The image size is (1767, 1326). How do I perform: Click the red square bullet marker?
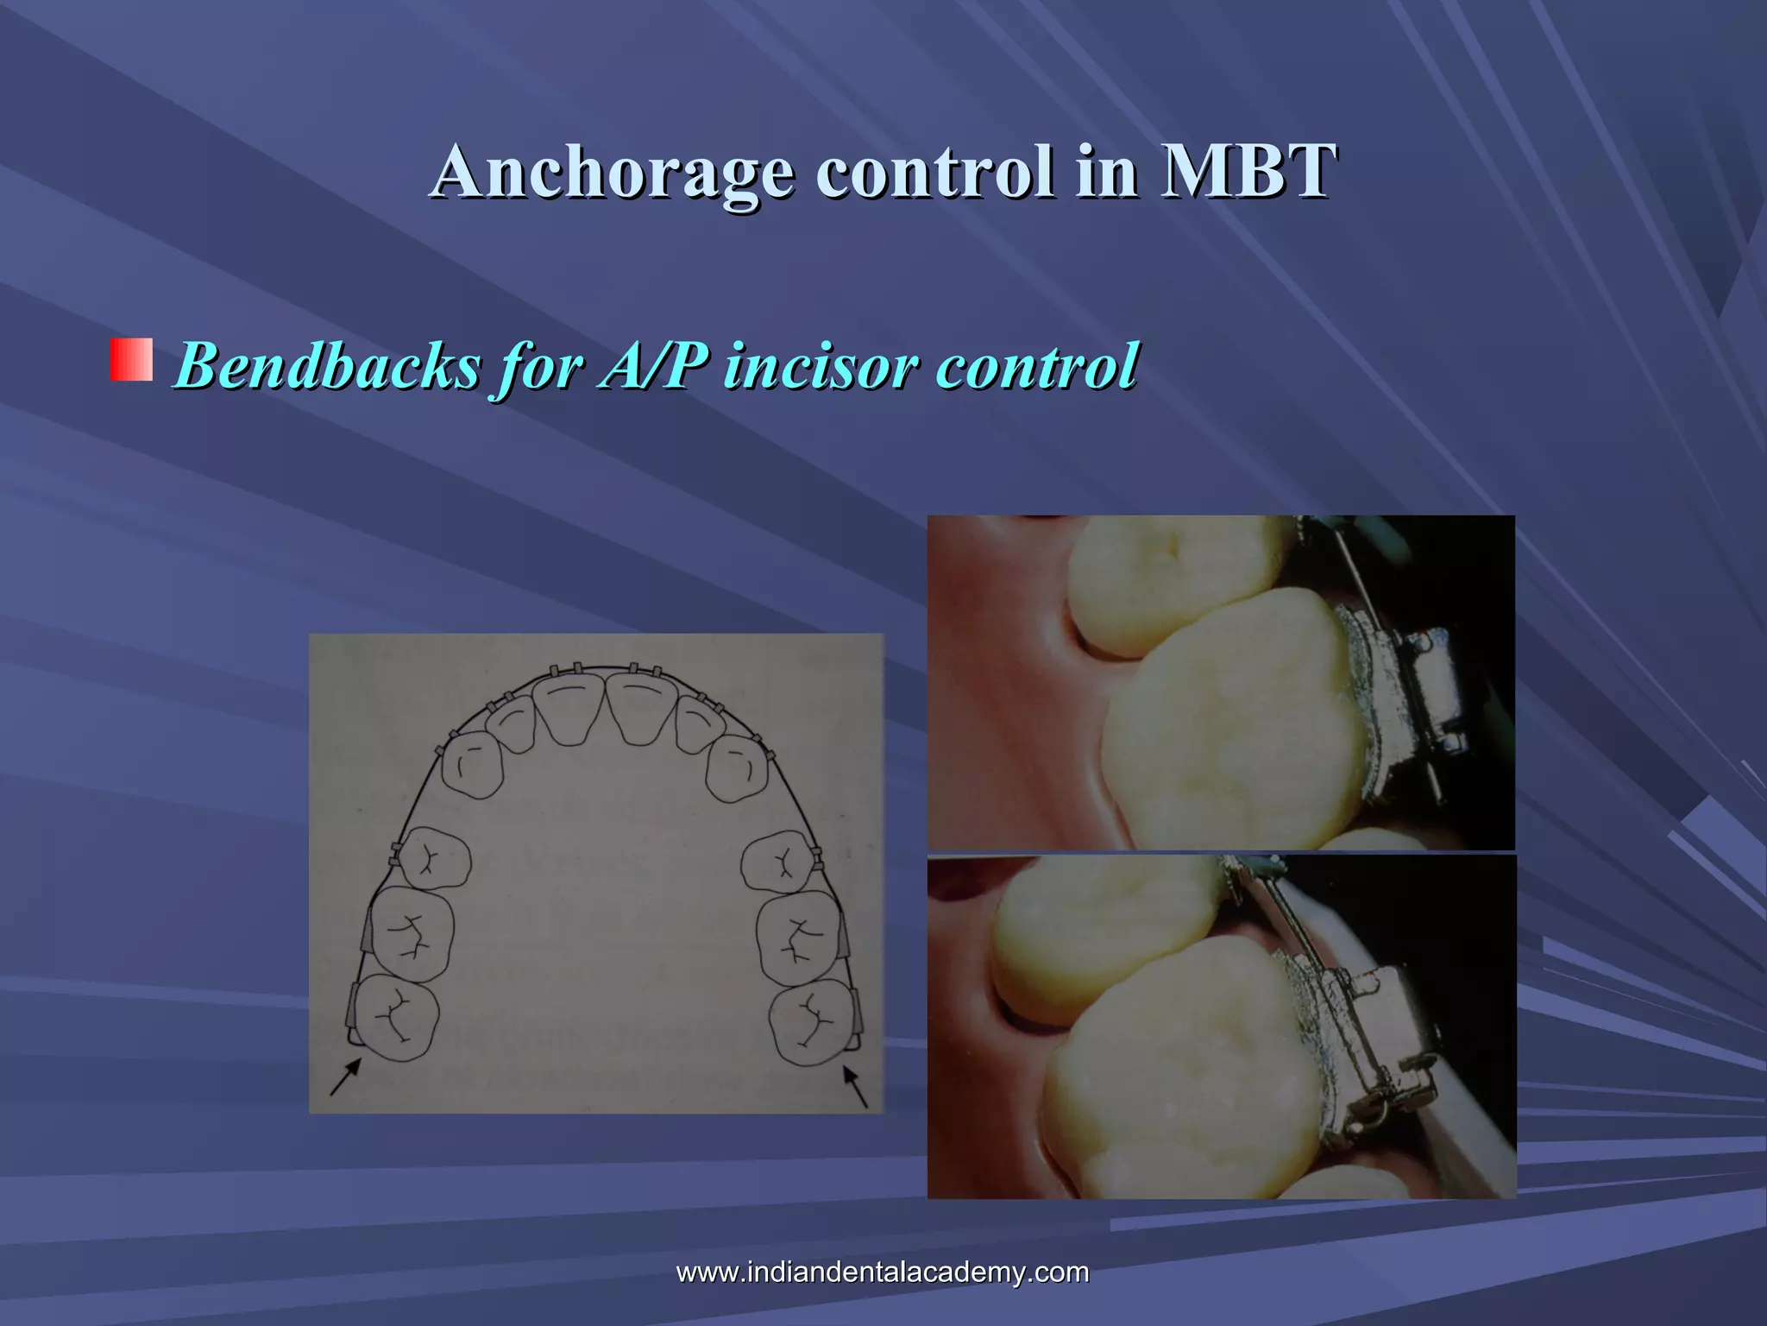131,360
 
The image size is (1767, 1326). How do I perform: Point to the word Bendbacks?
327,366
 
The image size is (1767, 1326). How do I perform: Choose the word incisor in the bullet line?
820,366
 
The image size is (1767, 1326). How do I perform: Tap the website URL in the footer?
882,1272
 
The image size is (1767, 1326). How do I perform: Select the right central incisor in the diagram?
642,707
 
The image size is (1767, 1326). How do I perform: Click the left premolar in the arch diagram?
435,858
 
